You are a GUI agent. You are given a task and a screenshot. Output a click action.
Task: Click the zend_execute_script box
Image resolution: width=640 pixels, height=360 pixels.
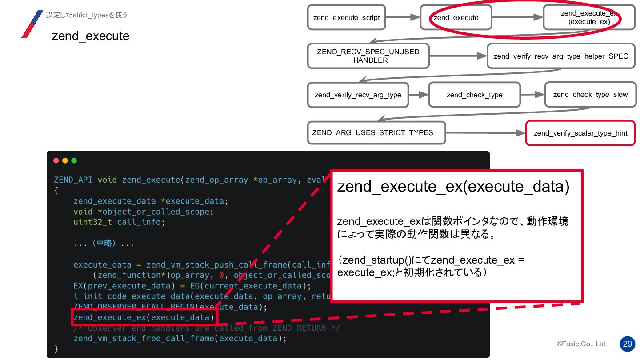coord(346,17)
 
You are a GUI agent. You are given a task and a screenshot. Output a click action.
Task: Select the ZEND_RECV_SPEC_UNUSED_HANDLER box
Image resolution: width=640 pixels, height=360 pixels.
coord(368,56)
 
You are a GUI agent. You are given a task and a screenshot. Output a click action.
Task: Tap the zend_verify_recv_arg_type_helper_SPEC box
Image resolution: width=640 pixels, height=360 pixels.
coord(561,56)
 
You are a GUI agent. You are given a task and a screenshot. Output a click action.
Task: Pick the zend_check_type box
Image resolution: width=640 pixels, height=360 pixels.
coord(474,95)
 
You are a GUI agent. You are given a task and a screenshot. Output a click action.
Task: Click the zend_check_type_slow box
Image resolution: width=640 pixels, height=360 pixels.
coord(590,95)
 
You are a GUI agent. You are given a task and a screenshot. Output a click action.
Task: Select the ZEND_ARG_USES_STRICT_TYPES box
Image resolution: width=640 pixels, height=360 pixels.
coord(376,132)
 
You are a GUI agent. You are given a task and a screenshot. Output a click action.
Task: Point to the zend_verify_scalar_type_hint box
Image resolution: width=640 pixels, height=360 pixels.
coord(580,133)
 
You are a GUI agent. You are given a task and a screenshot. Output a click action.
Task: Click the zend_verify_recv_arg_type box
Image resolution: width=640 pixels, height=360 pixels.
coord(357,95)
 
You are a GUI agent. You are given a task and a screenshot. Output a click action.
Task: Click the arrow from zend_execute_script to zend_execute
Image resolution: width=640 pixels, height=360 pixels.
coord(403,17)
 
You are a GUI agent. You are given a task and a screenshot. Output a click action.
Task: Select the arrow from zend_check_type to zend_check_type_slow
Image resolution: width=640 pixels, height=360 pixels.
coord(532,95)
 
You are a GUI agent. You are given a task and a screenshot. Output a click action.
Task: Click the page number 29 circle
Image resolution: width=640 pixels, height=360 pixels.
coord(628,344)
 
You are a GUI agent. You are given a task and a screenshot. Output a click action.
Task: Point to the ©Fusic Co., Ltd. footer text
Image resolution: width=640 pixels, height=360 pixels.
coord(582,344)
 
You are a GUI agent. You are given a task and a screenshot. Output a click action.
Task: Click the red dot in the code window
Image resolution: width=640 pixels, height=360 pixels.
coord(56,160)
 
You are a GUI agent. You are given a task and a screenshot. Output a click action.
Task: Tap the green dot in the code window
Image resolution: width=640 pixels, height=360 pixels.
coord(74,160)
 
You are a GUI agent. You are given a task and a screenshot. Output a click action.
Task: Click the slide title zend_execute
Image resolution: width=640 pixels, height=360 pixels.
coord(90,36)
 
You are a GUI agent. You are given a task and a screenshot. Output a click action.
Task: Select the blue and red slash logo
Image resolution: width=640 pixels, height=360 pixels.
coord(32,24)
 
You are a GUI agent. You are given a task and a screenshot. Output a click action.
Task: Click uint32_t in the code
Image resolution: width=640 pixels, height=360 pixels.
coord(93,222)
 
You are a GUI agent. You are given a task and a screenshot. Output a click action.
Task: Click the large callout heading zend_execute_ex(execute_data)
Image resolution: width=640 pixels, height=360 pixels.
coord(453,187)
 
